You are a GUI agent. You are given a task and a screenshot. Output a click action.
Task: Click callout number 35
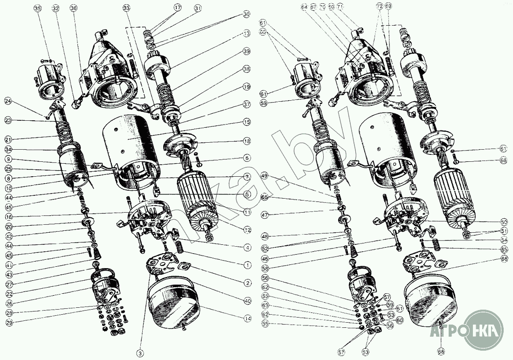click(38, 8)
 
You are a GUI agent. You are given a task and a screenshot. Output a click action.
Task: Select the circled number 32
click(55, 8)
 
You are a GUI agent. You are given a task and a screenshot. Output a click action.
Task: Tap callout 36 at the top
click(73, 8)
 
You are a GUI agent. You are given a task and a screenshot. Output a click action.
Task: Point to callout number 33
click(127, 8)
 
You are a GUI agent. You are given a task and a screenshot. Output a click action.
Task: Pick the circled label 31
click(198, 8)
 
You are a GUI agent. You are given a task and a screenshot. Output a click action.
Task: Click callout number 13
click(246, 33)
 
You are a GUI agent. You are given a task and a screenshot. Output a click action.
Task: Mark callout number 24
click(8, 100)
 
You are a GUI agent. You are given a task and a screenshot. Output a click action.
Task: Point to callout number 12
click(247, 229)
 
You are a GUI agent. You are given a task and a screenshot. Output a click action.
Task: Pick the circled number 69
click(388, 6)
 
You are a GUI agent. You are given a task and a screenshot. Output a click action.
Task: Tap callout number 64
click(304, 7)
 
